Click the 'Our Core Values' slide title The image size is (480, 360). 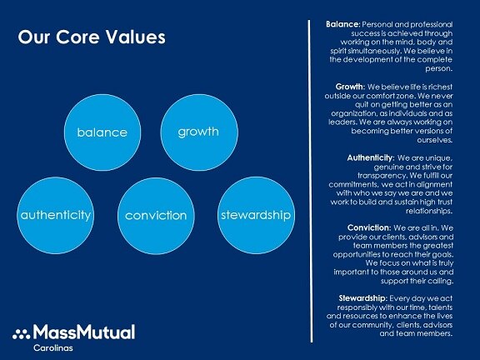tap(92, 37)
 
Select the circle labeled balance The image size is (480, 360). tap(102, 132)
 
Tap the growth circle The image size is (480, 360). tap(199, 132)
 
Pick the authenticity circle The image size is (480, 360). tap(55, 216)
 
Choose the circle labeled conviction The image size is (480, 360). tap(156, 216)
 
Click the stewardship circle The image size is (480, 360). tap(256, 216)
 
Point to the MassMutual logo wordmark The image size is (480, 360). tap(84, 332)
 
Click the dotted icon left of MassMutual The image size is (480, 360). tap(21, 334)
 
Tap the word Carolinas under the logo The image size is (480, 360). tap(53, 348)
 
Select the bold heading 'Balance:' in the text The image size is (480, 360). tap(342, 24)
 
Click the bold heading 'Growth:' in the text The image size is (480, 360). tap(350, 87)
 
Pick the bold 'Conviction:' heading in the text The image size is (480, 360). tap(369, 228)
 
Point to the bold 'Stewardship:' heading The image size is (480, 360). tap(363, 298)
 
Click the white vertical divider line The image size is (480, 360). tap(311, 181)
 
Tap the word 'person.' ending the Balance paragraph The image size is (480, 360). tap(438, 68)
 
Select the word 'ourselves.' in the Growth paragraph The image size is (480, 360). tap(435, 140)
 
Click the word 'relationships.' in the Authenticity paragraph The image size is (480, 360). tap(429, 211)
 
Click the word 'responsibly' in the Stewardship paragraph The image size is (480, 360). tap(357, 307)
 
